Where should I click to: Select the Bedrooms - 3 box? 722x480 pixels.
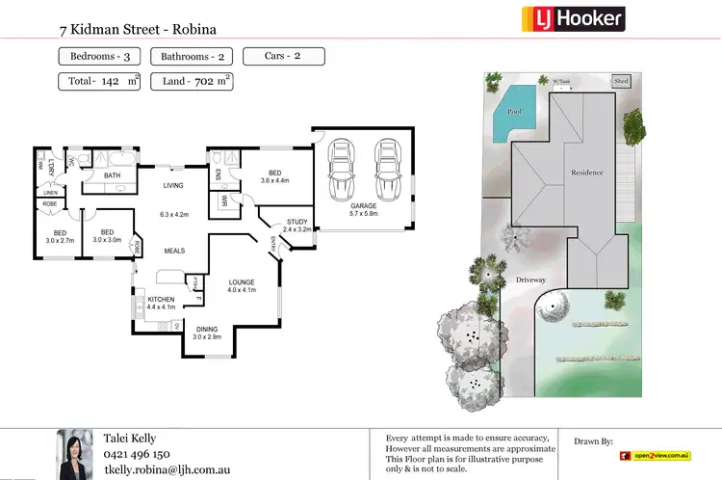click(100, 57)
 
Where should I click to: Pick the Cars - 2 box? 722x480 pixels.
click(283, 56)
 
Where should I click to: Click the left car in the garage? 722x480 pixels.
click(341, 170)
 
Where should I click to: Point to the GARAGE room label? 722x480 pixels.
click(363, 204)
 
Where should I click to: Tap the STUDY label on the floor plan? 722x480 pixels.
click(297, 222)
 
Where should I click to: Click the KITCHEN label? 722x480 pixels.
click(162, 300)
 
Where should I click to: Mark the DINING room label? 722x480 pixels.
click(207, 330)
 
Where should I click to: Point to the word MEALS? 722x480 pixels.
click(174, 251)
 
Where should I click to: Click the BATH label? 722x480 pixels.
click(113, 175)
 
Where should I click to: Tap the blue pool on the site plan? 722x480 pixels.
click(514, 111)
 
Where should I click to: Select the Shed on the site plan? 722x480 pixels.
click(622, 82)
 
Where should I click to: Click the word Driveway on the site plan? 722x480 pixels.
click(530, 280)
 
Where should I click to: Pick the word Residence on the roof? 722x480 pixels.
click(587, 173)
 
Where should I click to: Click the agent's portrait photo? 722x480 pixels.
click(75, 453)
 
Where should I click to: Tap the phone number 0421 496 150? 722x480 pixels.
click(137, 454)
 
